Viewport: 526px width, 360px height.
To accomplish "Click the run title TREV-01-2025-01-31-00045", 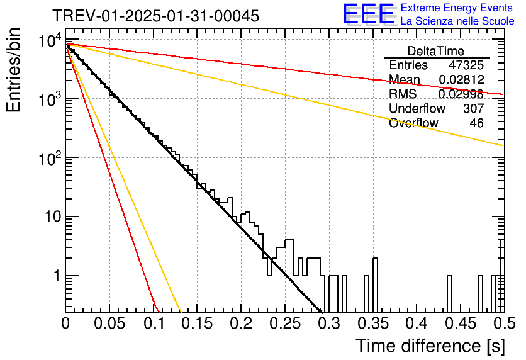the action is click(156, 16).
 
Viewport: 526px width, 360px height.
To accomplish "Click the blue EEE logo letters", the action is click(368, 14).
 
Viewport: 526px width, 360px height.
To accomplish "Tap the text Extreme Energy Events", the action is click(457, 8).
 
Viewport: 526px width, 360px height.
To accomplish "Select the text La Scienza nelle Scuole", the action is click(457, 21).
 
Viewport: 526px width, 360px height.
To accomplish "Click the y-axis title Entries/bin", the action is click(13, 70).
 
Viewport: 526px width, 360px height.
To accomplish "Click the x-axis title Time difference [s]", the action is click(430, 346).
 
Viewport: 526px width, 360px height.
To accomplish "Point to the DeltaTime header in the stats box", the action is click(436, 51).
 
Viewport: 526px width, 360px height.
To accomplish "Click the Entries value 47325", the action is click(466, 65).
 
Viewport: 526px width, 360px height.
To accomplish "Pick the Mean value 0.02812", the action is click(461, 79).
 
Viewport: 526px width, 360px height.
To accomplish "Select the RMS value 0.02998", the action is click(461, 94).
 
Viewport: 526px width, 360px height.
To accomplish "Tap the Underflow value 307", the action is click(474, 108).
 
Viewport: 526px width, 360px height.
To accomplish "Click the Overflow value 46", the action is click(477, 123).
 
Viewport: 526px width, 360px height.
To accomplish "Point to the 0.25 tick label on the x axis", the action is click(285, 323).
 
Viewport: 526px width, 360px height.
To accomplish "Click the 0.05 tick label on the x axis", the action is click(109, 323).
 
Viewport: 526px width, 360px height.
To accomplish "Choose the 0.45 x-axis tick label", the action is click(461, 323).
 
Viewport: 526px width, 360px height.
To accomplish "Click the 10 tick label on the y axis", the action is click(53, 217).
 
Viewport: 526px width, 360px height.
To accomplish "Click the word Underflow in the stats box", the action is click(417, 108).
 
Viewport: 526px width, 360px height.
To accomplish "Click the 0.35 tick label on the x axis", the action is click(373, 323).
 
